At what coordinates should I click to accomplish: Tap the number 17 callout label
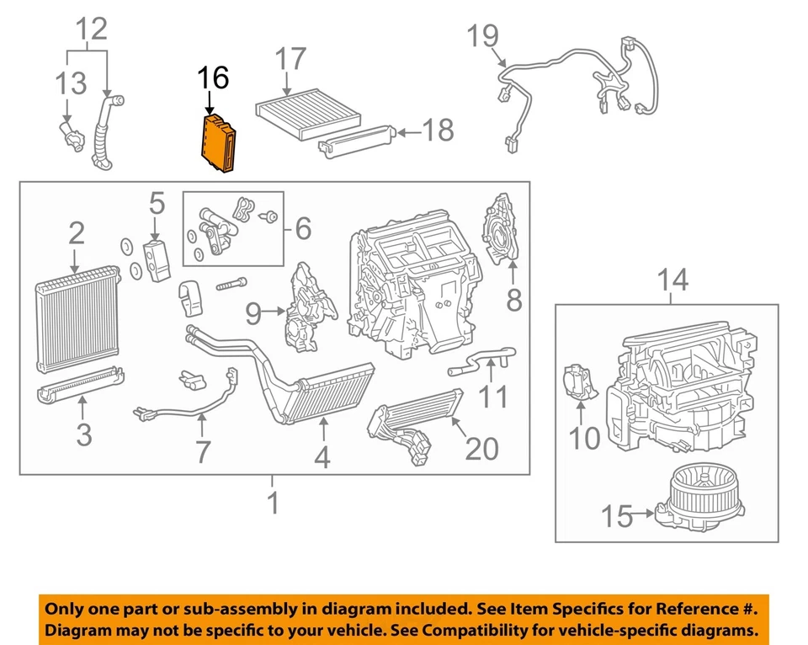pyautogui.click(x=290, y=61)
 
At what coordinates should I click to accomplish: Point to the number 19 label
pyautogui.click(x=483, y=36)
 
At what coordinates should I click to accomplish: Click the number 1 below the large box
pyautogui.click(x=273, y=503)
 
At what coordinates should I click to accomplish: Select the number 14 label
pyautogui.click(x=672, y=280)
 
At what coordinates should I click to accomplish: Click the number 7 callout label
pyautogui.click(x=201, y=450)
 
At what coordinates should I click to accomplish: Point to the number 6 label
pyautogui.click(x=302, y=228)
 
